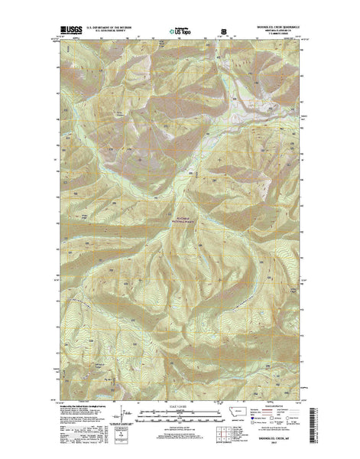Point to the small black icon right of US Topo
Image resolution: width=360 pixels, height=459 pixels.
pos(222,32)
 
